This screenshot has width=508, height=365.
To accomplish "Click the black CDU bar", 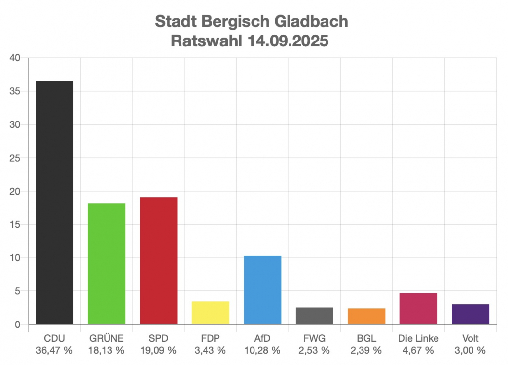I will tap(55, 203).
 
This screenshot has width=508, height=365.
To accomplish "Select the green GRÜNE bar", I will tap(107, 264).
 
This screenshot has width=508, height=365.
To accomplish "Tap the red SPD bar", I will tap(158, 261).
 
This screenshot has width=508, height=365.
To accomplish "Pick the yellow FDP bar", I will tap(210, 313).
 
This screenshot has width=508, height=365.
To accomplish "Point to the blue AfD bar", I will tap(262, 290).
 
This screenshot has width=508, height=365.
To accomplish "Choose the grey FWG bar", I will tap(314, 316).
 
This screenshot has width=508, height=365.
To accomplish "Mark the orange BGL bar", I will tap(366, 316).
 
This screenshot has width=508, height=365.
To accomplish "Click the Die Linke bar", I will tap(418, 309).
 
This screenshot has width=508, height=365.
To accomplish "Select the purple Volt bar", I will tap(470, 314).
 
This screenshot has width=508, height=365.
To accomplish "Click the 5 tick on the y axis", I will tap(17, 291).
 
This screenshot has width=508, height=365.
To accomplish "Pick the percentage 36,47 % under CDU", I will tap(54, 350).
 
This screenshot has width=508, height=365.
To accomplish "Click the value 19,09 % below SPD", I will tap(158, 350).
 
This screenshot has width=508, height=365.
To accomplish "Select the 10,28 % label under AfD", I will tap(262, 350).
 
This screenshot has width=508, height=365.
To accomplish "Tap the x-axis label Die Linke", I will tap(418, 339).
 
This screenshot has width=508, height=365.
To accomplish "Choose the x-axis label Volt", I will tap(470, 339).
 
